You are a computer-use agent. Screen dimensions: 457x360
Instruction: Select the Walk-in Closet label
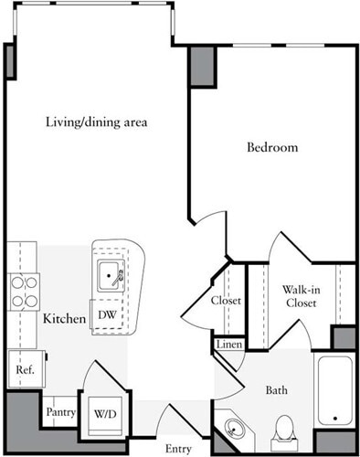pyautogui.click(x=301, y=295)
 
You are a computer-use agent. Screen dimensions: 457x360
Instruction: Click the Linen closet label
pyautogui.click(x=228, y=345)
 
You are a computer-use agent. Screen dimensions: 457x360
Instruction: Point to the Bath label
pyautogui.click(x=278, y=390)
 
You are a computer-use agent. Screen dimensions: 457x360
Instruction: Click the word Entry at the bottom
pyautogui.click(x=179, y=449)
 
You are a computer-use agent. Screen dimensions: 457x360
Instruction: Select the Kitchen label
pyautogui.click(x=64, y=319)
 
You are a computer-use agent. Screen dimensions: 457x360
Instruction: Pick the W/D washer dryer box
pyautogui.click(x=105, y=412)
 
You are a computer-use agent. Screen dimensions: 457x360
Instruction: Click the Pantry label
pyautogui.click(x=60, y=412)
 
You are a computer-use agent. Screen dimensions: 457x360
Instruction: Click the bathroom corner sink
pyautogui.click(x=235, y=430)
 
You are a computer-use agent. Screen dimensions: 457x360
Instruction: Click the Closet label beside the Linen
pyautogui.click(x=226, y=301)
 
